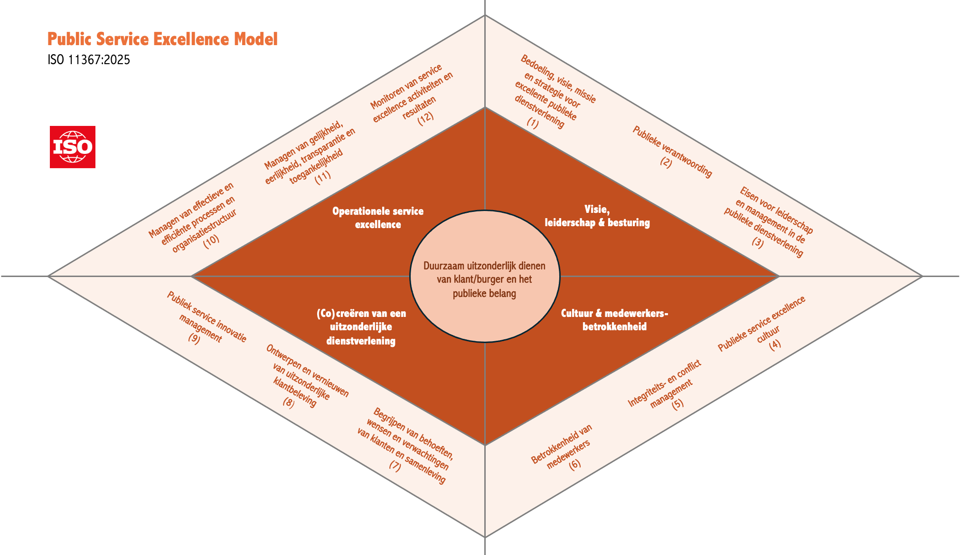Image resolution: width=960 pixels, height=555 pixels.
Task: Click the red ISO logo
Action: coord(73,147)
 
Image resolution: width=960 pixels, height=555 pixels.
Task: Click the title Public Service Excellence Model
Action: coord(162,39)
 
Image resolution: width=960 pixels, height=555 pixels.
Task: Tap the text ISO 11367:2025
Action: coord(89,60)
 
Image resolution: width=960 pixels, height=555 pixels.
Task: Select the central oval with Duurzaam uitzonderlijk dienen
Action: coord(484,276)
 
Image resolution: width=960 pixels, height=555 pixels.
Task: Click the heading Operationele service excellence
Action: coord(378,218)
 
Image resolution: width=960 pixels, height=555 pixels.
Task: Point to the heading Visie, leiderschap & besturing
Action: coord(597,216)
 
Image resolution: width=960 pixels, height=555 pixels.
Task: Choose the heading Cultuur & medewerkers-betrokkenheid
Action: coord(614,320)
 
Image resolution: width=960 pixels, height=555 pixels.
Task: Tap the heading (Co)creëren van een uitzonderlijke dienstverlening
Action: coord(361,327)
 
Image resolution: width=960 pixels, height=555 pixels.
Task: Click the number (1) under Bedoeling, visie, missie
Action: coord(533,122)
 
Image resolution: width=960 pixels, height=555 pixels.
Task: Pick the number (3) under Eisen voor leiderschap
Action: coord(758,242)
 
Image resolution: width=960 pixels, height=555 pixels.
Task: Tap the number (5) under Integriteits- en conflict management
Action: coord(678,403)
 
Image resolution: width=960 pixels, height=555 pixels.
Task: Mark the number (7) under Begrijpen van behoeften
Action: coord(395,465)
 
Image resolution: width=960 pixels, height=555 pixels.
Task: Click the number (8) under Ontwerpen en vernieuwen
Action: coord(289,403)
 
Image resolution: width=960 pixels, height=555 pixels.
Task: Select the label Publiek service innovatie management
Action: coord(207,317)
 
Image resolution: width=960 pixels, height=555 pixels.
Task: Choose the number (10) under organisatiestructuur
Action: coord(211,239)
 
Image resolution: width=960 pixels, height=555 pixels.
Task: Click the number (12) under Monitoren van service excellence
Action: coord(425,116)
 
